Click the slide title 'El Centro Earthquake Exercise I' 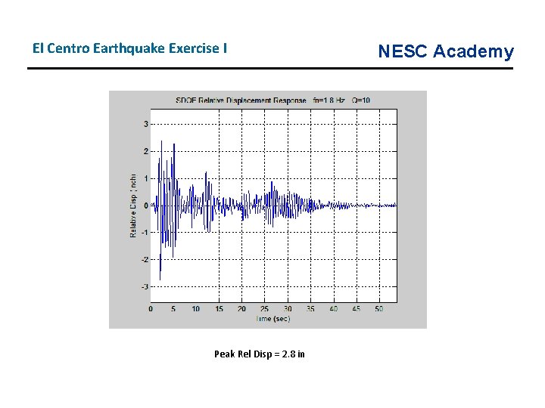pos(129,48)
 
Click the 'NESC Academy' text pos(445,51)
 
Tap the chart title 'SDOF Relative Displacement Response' pos(241,100)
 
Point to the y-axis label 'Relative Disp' pos(134,202)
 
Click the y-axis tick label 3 pos(146,124)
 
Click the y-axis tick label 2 pos(146,151)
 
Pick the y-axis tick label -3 pos(145,287)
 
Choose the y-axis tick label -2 pos(145,260)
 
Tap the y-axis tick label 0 pos(146,206)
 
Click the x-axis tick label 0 pos(151,309)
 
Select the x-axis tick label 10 pos(196,309)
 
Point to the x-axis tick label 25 pos(265,309)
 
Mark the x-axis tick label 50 pos(379,309)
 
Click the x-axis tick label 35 pos(310,309)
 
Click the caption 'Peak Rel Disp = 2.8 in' pos(260,354)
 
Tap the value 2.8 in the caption pos(288,354)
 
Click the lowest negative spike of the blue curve pos(160,280)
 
